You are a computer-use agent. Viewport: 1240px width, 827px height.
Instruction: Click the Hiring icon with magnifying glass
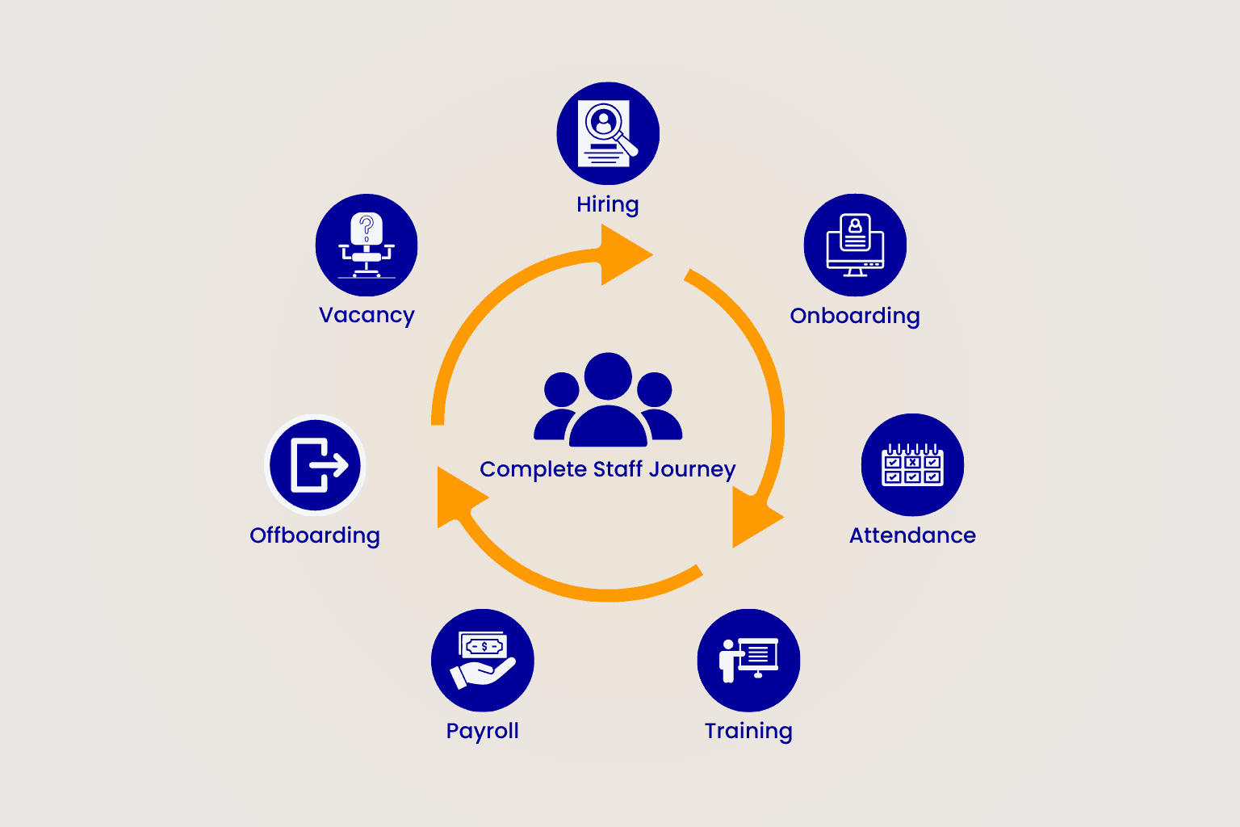pos(608,133)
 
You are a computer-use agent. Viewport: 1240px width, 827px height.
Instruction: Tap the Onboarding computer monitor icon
pos(855,245)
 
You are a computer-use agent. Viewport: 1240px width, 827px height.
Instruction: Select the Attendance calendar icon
pos(912,465)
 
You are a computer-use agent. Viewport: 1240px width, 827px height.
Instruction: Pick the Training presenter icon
pos(748,660)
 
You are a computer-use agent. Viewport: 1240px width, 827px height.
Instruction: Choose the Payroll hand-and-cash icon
pos(483,660)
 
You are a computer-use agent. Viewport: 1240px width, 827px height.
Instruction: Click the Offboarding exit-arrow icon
pos(316,465)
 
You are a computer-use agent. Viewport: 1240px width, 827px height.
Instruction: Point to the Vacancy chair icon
pos(367,245)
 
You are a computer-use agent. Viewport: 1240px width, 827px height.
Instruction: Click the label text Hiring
pos(607,205)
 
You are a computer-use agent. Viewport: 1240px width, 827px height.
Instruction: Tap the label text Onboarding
pos(855,316)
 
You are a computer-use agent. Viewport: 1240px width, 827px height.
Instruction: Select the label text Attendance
pos(912,535)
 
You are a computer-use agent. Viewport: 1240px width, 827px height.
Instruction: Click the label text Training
pos(748,731)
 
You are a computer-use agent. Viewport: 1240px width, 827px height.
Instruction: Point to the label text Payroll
pos(483,731)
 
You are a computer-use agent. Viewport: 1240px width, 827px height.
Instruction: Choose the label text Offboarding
pos(315,535)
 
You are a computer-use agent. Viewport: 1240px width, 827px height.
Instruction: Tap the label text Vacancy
pos(367,315)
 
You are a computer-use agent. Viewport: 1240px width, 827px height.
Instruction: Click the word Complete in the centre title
pos(533,470)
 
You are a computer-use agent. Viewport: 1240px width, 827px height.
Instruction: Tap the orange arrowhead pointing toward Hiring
pos(623,255)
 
